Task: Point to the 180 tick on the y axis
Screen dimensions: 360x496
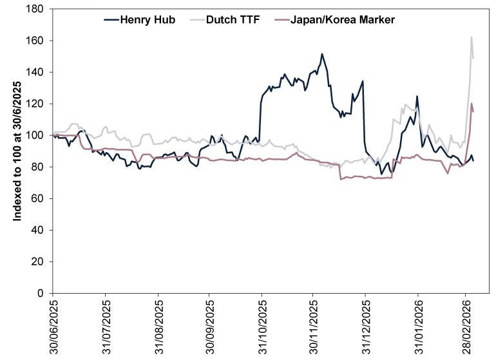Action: [35, 10]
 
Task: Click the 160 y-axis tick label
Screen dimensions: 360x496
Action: [35, 41]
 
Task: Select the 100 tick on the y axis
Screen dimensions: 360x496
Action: [35, 136]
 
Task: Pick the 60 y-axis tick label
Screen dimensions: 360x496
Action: [38, 199]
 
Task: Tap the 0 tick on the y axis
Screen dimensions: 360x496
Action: [41, 294]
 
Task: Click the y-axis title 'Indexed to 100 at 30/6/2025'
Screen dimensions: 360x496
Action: [17, 151]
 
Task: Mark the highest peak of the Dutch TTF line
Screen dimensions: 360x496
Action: [472, 37]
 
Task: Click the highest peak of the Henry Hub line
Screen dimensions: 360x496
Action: [321, 54]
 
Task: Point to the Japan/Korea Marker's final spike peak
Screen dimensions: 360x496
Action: [472, 104]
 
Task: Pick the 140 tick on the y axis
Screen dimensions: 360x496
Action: [35, 73]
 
